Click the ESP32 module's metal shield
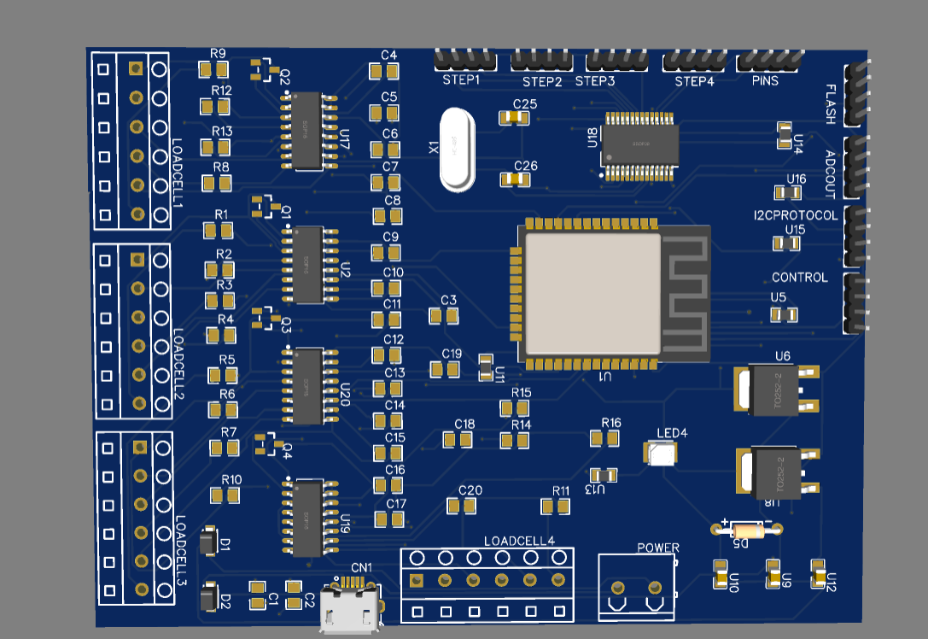tap(592, 293)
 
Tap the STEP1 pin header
tap(464, 60)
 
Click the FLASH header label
tap(832, 103)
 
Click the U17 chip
tap(306, 131)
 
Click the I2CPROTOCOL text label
tap(796, 215)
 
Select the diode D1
tap(208, 542)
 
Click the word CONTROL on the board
tap(799, 278)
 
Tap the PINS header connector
tap(768, 61)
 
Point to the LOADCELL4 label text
tap(519, 541)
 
